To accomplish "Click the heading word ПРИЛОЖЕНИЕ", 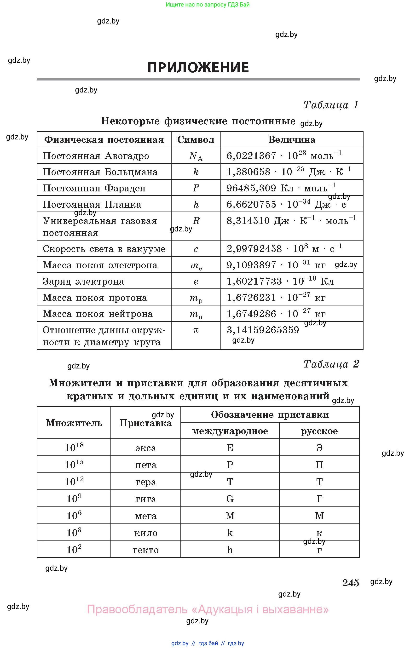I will click(198, 68).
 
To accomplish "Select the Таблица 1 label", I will click(331, 105).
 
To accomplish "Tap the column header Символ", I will click(196, 140).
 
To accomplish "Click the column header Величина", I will click(292, 140).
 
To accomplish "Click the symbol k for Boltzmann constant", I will click(196, 172).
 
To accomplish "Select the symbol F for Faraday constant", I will click(196, 188).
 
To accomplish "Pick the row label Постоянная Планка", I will click(92, 204).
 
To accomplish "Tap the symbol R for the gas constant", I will click(196, 221).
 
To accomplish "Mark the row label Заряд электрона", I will click(83, 281).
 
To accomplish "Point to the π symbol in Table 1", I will click(196, 330).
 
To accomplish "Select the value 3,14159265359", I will click(263, 330).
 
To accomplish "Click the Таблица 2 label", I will click(331, 364).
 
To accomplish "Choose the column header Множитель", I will click(74, 423).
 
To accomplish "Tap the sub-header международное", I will click(230, 431).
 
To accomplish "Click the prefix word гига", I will click(146, 499).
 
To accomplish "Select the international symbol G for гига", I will click(230, 499).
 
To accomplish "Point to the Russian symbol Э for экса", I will click(319, 448).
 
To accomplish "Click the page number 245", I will click(350, 583).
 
